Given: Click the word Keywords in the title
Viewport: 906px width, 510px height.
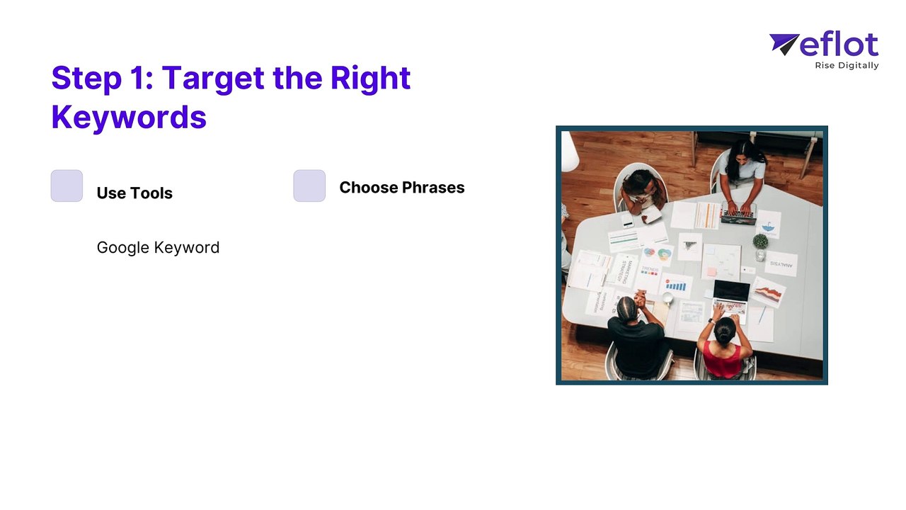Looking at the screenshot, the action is pyautogui.click(x=129, y=117).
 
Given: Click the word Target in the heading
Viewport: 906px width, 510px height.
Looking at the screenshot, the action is pyautogui.click(x=213, y=78).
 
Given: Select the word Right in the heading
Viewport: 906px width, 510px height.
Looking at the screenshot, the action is pyautogui.click(x=370, y=78).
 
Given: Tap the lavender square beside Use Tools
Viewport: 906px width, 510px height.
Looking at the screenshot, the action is pyautogui.click(x=67, y=186).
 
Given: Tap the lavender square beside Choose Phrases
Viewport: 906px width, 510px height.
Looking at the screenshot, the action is pyautogui.click(x=309, y=186).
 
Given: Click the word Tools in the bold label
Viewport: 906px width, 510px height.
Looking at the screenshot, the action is pyautogui.click(x=151, y=193).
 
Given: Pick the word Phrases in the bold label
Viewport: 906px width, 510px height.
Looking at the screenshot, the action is pyautogui.click(x=433, y=188).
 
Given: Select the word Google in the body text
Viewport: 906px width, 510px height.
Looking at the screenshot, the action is pyautogui.click(x=123, y=248).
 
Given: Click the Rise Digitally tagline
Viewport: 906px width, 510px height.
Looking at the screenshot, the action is pyautogui.click(x=847, y=66).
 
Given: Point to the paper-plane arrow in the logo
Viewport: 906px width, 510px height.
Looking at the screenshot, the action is pyautogui.click(x=783, y=44).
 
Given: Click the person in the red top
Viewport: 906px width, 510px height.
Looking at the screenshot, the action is pyautogui.click(x=724, y=348).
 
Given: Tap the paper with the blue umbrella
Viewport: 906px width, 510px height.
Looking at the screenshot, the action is pyautogui.click(x=768, y=225).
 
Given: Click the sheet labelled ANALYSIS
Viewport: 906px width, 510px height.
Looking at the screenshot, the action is pyautogui.click(x=781, y=264).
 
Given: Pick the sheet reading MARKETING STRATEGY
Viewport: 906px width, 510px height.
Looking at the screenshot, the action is pyautogui.click(x=624, y=271).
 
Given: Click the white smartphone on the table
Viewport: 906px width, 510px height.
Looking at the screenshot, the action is pyautogui.click(x=627, y=220).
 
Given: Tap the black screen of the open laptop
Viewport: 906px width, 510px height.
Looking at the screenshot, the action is pyautogui.click(x=731, y=290).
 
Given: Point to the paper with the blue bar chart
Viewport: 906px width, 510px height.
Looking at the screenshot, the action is pyautogui.click(x=676, y=285).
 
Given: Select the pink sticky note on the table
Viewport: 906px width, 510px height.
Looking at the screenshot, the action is pyautogui.click(x=712, y=271).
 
